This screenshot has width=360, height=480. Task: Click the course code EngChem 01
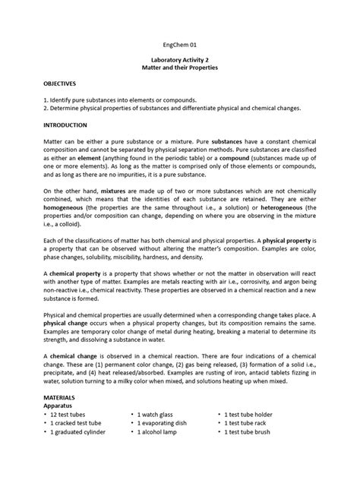click(x=179, y=45)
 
